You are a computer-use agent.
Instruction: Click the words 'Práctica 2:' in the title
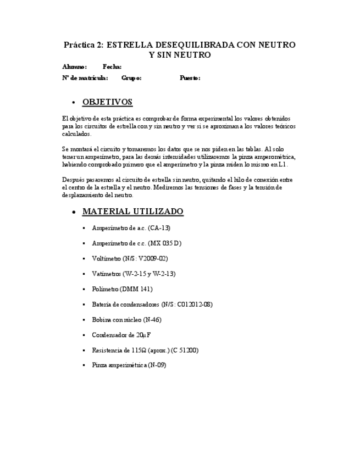pyautogui.click(x=83, y=45)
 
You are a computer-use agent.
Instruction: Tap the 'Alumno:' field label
pyautogui.click(x=74, y=67)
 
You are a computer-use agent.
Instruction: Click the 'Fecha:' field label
pyautogui.click(x=112, y=67)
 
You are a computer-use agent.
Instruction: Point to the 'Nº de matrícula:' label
pyautogui.click(x=85, y=78)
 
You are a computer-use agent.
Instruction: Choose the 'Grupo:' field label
pyautogui.click(x=131, y=78)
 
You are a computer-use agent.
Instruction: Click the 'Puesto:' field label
pyautogui.click(x=190, y=78)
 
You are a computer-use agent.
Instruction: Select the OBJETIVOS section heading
pyautogui.click(x=107, y=102)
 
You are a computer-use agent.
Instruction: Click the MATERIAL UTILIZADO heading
pyautogui.click(x=132, y=212)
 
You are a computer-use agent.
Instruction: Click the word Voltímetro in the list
pyautogui.click(x=106, y=258)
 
